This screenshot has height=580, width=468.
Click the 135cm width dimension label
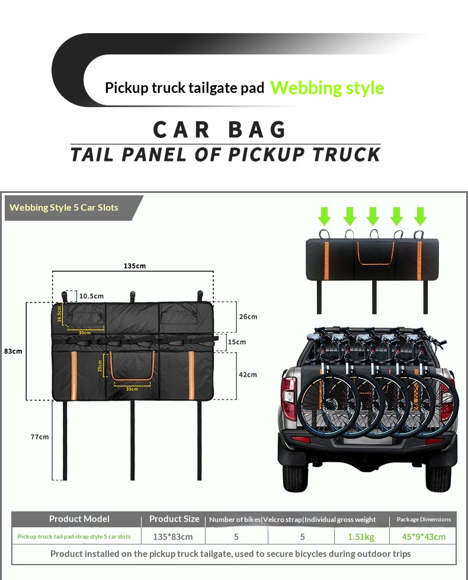click(x=134, y=266)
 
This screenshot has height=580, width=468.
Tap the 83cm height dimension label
click(x=13, y=351)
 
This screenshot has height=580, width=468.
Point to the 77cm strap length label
click(x=40, y=437)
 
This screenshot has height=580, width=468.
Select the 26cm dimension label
click(x=248, y=317)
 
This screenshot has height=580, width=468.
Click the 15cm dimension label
click(x=236, y=342)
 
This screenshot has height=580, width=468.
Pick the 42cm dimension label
click(x=248, y=375)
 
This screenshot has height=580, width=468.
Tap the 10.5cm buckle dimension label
click(x=91, y=296)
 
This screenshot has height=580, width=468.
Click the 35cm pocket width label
click(x=132, y=389)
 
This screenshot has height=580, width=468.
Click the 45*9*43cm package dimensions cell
click(x=423, y=537)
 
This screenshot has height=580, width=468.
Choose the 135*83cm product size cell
click(x=173, y=537)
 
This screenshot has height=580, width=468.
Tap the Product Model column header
click(x=79, y=519)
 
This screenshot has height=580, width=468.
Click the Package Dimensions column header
click(x=423, y=519)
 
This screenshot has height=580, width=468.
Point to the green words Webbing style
click(x=327, y=88)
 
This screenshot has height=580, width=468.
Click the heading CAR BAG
click(x=220, y=130)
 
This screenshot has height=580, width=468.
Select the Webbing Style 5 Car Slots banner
click(x=65, y=208)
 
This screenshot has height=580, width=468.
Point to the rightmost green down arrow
click(x=420, y=215)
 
